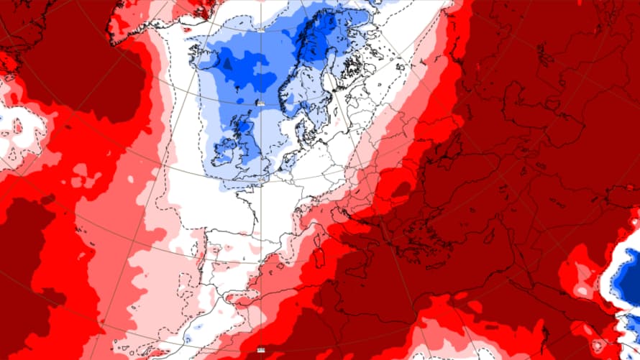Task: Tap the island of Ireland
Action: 224,151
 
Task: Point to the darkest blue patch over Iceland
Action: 228,65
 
